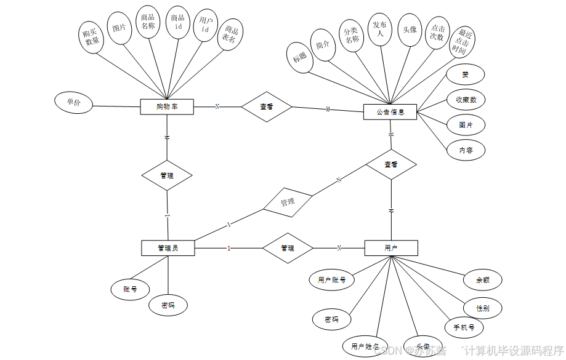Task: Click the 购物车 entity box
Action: (167, 107)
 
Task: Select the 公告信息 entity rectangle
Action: (390, 112)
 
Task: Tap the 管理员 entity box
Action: (168, 248)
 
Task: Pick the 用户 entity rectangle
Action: (390, 248)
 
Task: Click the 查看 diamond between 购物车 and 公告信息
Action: (266, 106)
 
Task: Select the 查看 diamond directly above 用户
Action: (390, 164)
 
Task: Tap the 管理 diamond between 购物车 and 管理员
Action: (166, 175)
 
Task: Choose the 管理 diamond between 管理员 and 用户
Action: (287, 248)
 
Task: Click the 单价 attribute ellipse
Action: (74, 103)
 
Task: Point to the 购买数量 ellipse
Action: (92, 36)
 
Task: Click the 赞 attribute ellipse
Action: (465, 74)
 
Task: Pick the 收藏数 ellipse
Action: (466, 100)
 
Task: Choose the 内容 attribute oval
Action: (466, 150)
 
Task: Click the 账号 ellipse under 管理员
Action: (129, 288)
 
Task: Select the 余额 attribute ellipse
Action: (483, 279)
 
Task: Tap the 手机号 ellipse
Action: (464, 327)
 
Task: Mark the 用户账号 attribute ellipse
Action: (331, 279)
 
